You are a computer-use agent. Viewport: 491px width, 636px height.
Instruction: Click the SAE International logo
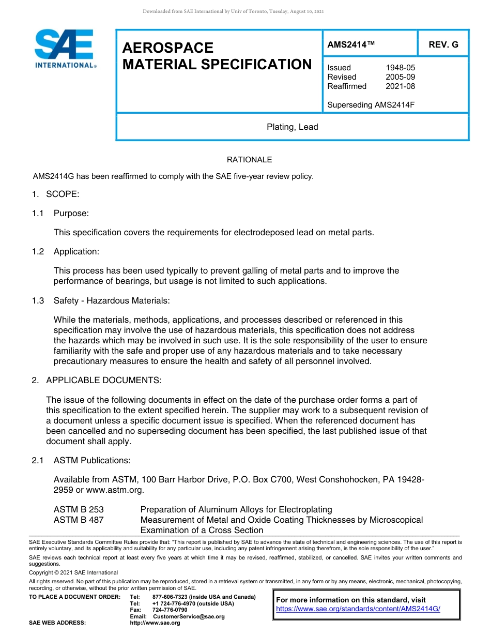point(65,49)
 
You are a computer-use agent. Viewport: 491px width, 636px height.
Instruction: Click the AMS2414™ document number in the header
point(350,45)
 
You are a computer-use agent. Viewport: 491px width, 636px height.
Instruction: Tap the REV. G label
point(443,45)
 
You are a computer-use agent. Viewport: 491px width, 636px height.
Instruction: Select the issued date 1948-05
point(400,68)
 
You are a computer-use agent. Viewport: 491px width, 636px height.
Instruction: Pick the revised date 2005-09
point(400,77)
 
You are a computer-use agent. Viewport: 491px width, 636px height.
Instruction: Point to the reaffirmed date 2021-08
point(400,86)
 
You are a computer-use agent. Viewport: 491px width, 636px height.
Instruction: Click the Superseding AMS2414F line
point(371,105)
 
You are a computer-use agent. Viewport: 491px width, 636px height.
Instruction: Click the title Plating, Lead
point(292,127)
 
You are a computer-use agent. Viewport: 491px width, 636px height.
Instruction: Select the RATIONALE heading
point(249,160)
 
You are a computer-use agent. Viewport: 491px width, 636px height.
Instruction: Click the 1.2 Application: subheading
point(76,251)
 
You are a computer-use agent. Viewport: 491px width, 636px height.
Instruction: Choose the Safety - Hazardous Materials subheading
point(111,300)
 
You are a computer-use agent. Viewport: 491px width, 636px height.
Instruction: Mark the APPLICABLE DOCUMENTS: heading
point(103,381)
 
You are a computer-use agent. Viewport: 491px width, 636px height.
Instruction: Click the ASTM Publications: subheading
point(92,460)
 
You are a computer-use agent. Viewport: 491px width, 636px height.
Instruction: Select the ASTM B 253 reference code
point(79,510)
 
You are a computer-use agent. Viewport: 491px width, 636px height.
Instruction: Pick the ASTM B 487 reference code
point(79,520)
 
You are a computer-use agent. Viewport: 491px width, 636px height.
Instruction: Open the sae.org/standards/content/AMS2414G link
point(358,609)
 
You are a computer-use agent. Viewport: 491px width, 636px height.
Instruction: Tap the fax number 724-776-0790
point(170,610)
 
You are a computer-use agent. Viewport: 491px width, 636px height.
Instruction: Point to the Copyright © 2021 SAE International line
point(73,572)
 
